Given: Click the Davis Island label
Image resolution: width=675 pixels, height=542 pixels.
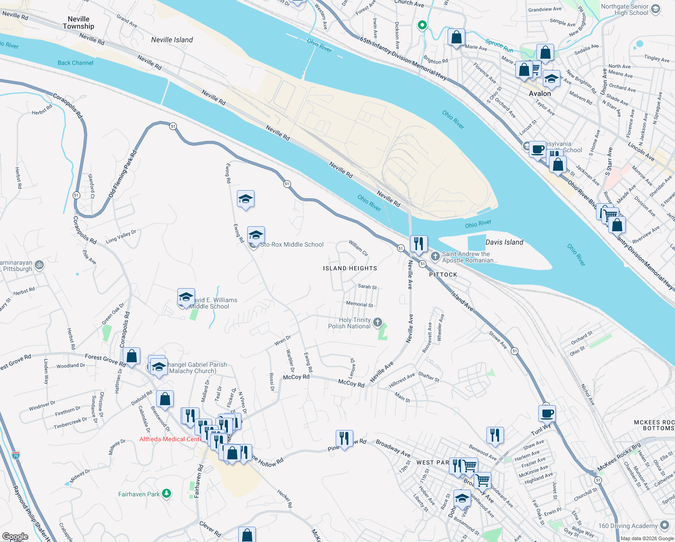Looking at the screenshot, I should tap(504, 242).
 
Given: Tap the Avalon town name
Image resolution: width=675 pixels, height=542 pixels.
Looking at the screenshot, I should tap(540, 93).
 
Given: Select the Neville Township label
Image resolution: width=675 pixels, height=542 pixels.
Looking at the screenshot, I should tap(79, 23).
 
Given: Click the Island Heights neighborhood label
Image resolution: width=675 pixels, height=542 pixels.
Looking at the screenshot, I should tap(350, 268).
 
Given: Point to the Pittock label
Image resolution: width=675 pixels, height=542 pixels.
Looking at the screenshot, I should tap(443, 275).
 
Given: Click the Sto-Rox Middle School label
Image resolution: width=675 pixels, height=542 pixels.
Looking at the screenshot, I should tap(291, 244).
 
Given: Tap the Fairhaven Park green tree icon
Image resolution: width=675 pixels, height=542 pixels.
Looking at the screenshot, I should tap(166, 494).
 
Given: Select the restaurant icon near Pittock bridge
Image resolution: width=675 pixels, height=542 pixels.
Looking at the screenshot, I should tap(419, 243).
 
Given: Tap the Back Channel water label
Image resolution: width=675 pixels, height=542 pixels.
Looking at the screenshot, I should tap(75, 63).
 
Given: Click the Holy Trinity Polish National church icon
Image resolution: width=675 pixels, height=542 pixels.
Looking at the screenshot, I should tap(378, 322).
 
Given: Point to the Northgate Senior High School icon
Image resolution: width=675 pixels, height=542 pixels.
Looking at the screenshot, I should tap(656, 9).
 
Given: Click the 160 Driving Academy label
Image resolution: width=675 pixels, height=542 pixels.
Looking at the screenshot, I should tap(628, 526).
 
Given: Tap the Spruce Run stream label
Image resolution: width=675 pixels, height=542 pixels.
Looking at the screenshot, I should tap(499, 46).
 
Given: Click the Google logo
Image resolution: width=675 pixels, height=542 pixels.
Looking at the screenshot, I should tap(15, 537).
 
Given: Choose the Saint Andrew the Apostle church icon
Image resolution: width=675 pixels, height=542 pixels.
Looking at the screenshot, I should tap(435, 257).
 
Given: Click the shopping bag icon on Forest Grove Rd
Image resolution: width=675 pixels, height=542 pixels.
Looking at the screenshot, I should tap(131, 356).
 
